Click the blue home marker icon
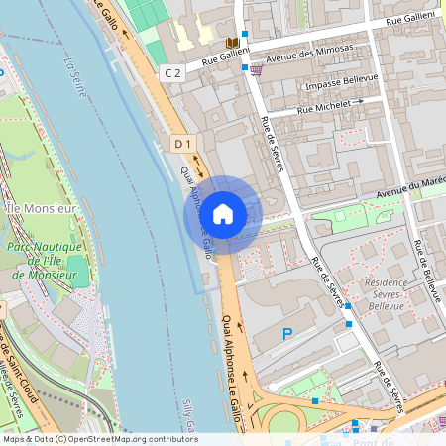[223, 213]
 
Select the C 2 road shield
[173, 72]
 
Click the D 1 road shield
[181, 144]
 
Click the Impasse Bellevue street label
[343, 86]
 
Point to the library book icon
[233, 43]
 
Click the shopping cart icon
[257, 69]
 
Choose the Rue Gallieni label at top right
[408, 19]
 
